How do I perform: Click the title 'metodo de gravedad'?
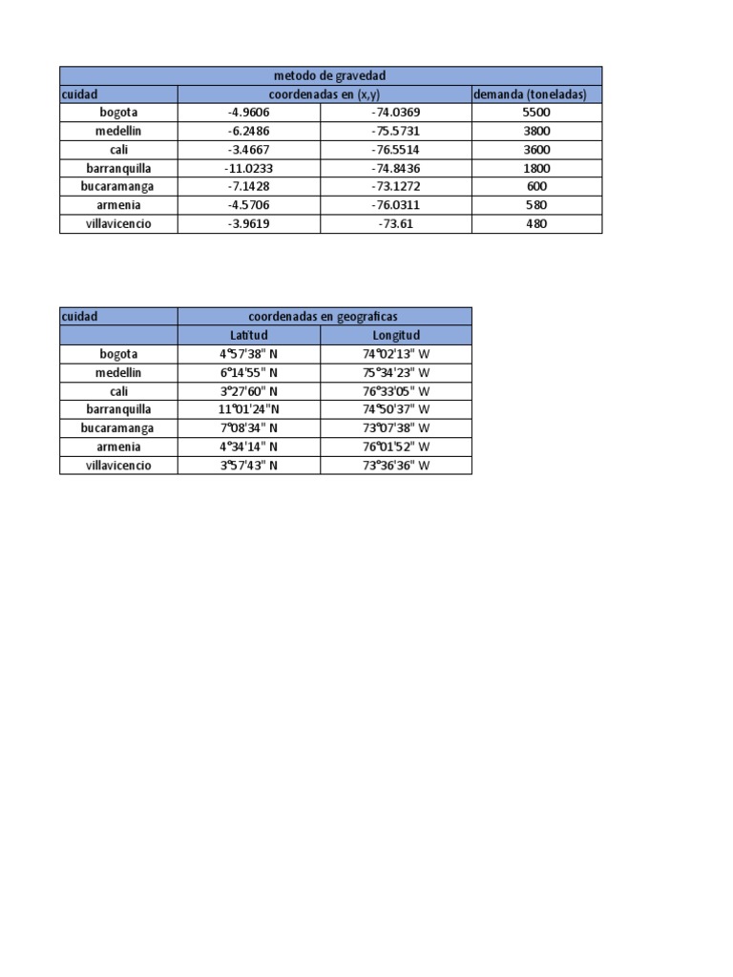330,75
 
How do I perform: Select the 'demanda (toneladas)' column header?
536,94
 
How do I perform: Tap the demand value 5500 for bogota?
536,113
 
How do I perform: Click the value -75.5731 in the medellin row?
395,131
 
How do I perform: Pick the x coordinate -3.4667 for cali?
248,150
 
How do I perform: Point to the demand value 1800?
536,168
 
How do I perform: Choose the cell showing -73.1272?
395,187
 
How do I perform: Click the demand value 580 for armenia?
536,205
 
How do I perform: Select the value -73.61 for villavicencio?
395,224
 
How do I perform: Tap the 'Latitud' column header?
248,335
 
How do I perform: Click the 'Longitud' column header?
396,335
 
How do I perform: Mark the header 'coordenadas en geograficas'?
324,316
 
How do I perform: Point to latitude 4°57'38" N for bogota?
248,354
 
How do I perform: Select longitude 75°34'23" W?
396,372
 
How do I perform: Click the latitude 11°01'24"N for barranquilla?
248,409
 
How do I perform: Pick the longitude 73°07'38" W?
396,428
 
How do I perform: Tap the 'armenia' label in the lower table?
118,447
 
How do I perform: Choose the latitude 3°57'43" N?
248,466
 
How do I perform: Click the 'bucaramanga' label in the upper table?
118,187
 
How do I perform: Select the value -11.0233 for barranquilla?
248,168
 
